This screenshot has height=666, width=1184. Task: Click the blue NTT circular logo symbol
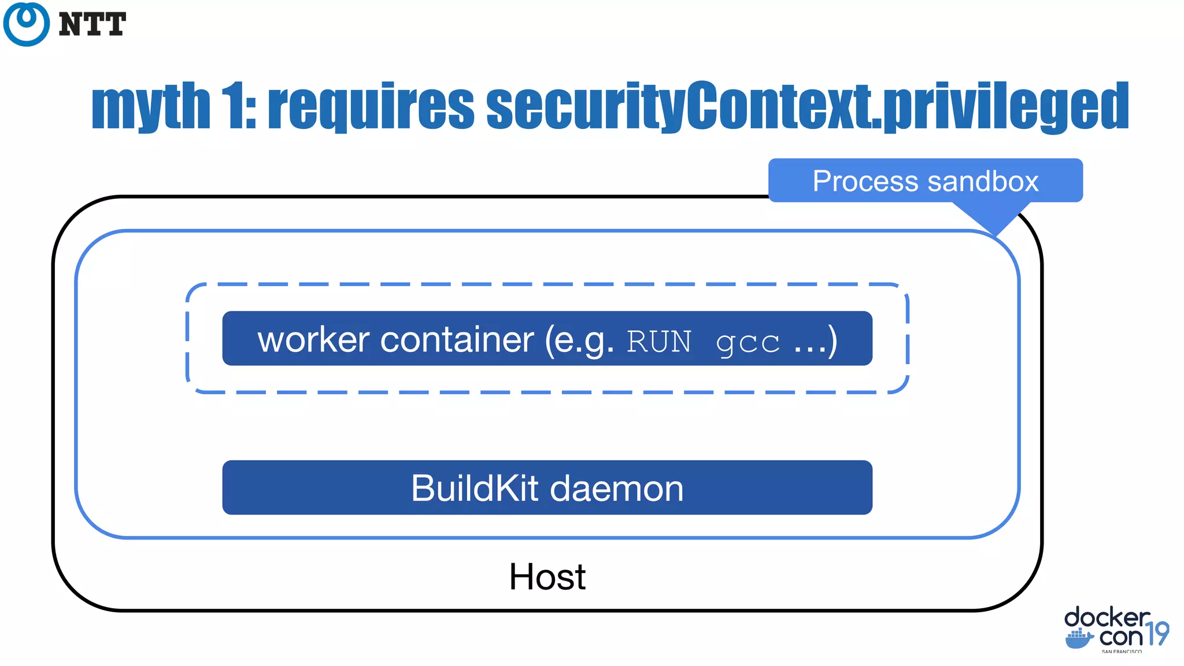point(26,24)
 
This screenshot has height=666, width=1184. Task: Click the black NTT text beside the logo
point(92,25)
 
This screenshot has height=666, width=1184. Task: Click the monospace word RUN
point(658,342)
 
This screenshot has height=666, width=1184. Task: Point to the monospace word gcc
point(748,343)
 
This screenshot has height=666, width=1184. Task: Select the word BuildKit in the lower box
point(475,489)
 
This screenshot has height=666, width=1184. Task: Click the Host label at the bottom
point(547,576)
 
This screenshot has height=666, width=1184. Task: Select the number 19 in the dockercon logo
point(1157,634)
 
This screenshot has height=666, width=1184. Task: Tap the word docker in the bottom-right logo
point(1107,618)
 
